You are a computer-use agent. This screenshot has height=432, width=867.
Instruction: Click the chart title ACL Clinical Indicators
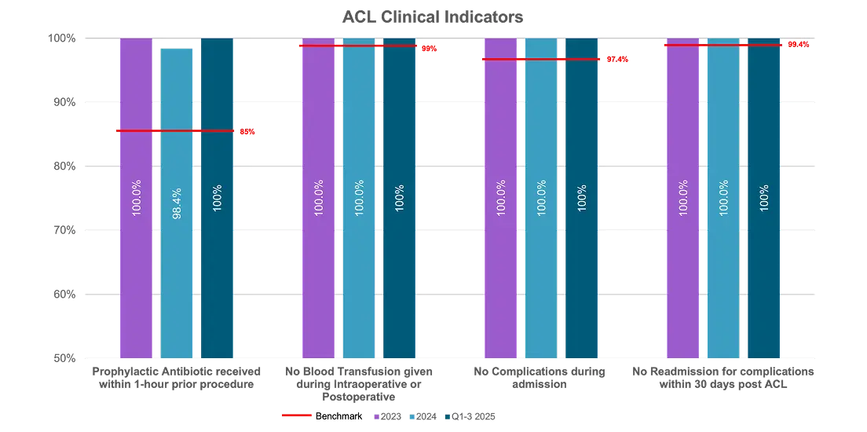[433, 17]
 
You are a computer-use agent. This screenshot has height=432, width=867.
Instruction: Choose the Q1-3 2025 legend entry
[470, 416]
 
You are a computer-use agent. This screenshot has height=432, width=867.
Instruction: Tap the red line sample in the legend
[297, 416]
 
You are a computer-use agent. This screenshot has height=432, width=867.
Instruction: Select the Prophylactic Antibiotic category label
[177, 377]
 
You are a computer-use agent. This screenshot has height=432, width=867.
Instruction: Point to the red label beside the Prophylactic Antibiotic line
[247, 132]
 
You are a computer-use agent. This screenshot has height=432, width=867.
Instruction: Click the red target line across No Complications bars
[542, 59]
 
